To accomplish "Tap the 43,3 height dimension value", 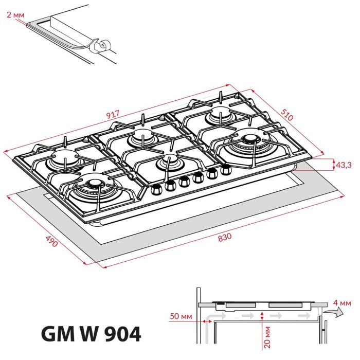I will (x=343, y=165).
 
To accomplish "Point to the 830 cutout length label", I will (x=225, y=238).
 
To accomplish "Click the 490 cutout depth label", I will (x=51, y=241).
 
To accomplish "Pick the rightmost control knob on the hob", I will (x=225, y=169).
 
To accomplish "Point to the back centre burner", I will (x=140, y=137).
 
